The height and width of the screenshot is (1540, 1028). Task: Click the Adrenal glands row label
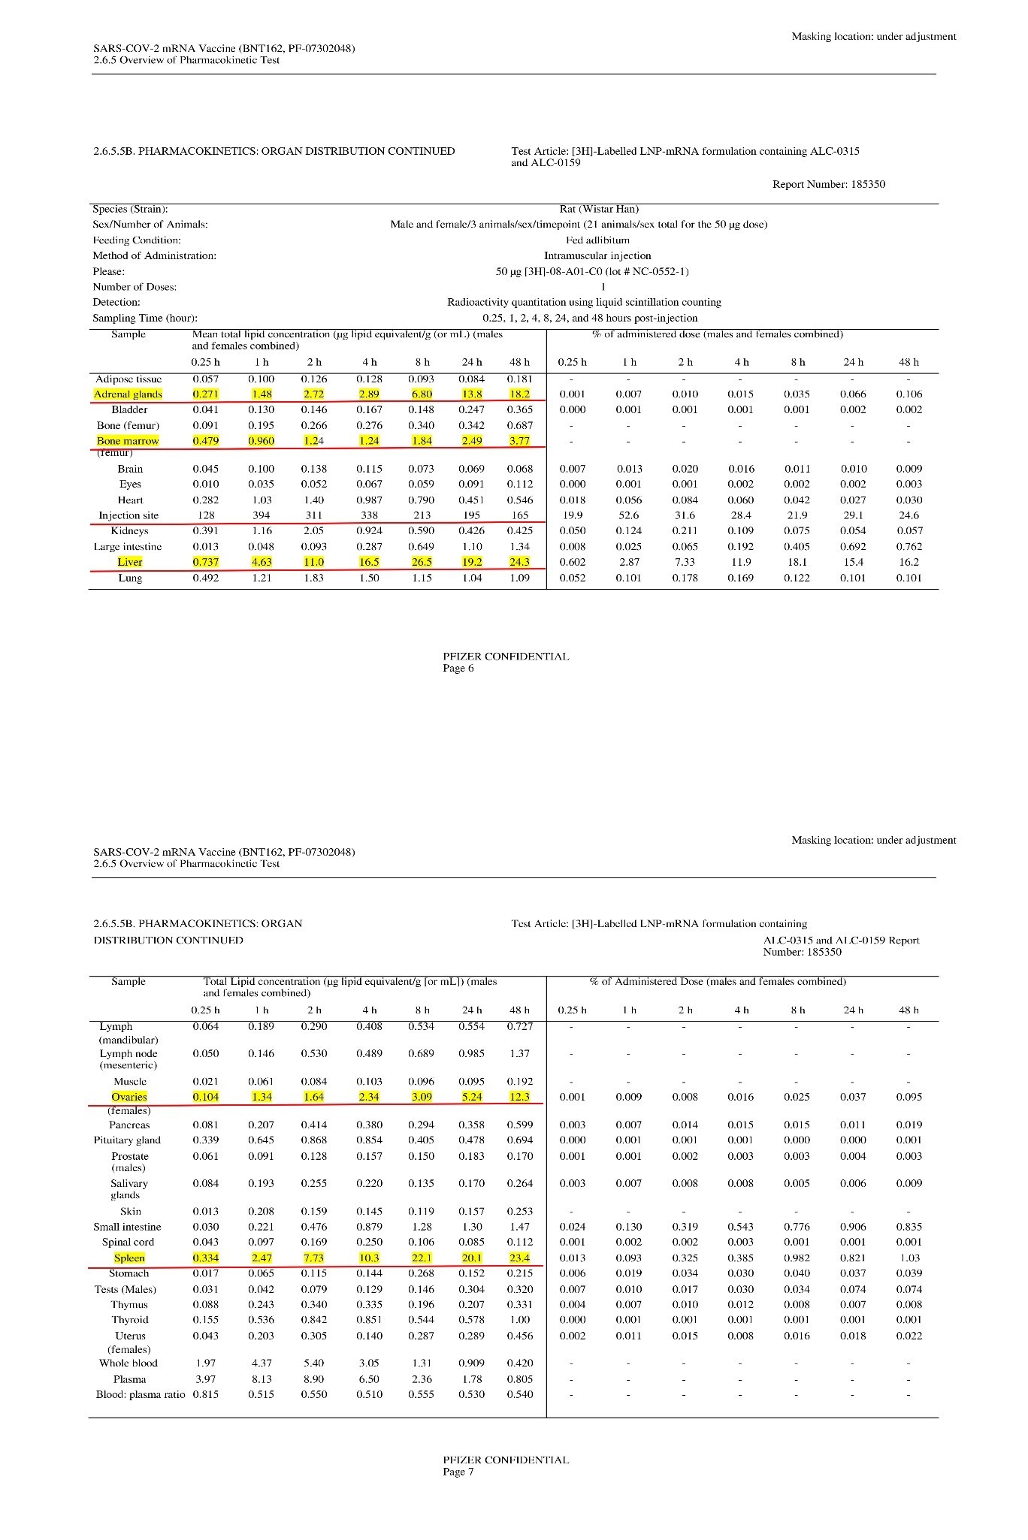(128, 394)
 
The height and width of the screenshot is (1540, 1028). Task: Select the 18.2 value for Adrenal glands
(519, 394)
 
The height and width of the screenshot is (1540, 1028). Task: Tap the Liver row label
(130, 562)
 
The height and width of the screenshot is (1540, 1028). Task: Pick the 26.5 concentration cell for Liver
(422, 562)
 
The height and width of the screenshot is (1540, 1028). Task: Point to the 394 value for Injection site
(261, 515)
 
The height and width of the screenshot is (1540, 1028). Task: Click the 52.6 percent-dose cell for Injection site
(629, 515)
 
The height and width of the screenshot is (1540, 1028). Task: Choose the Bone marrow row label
(128, 441)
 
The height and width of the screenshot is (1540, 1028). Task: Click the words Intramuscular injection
(597, 255)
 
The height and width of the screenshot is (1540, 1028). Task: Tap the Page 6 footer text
(458, 669)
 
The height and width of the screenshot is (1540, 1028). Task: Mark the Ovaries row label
(129, 1097)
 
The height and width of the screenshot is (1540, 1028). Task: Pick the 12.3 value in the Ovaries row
(519, 1097)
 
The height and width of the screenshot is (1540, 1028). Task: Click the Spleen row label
(129, 1258)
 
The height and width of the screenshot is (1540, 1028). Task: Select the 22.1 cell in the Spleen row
(422, 1258)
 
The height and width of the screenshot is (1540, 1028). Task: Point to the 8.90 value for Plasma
(314, 1379)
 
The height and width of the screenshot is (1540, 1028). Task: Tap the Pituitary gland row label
(129, 1140)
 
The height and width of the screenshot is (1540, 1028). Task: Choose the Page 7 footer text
(458, 1472)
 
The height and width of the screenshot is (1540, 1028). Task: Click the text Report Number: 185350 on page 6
(828, 184)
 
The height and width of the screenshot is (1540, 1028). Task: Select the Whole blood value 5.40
(314, 1363)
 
